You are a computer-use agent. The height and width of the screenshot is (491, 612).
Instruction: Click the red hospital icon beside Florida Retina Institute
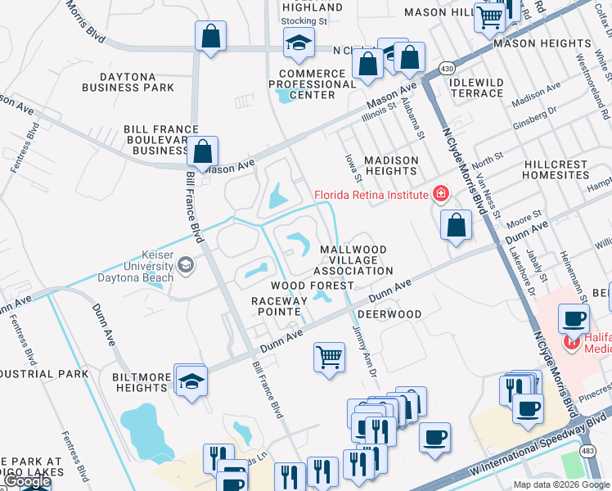441,194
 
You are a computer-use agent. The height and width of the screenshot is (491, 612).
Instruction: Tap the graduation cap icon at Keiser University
187,264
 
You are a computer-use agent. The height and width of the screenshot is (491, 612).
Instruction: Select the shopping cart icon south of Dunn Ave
329,356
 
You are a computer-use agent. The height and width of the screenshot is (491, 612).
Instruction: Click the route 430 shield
446,66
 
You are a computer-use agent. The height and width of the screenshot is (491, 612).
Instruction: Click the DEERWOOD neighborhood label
389,314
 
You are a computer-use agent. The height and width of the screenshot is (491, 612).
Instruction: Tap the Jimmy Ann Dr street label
363,349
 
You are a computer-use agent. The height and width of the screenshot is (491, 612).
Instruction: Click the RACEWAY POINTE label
279,306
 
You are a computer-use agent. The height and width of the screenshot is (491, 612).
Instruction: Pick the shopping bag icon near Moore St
456,224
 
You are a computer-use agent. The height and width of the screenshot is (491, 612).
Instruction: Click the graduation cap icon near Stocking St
299,43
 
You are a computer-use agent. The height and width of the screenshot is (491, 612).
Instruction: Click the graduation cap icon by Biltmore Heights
191,381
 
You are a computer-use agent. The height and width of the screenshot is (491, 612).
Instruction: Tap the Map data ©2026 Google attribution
562,484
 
